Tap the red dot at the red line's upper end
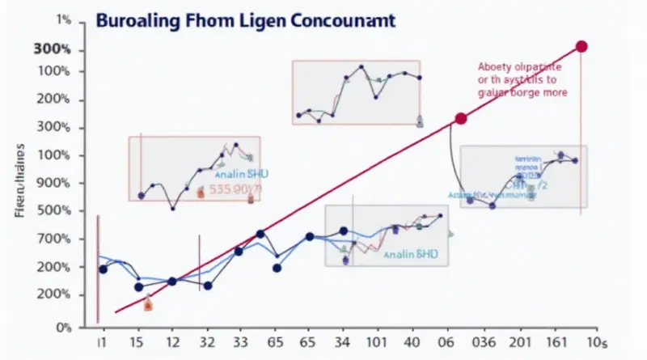(580, 46)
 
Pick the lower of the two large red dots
(462, 119)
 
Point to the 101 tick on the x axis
(374, 344)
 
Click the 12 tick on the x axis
(172, 344)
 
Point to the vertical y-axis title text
(19, 182)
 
